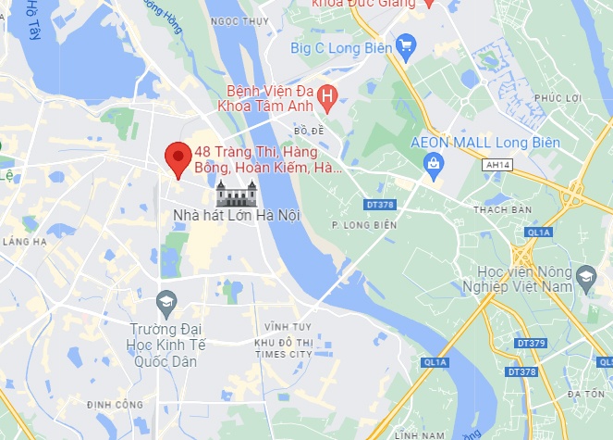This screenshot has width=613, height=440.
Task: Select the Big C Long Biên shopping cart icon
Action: [x=404, y=44]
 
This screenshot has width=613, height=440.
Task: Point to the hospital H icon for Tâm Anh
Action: [x=326, y=95]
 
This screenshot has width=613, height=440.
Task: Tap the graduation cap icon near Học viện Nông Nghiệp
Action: [x=585, y=275]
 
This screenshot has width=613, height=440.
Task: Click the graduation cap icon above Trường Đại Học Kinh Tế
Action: [x=166, y=301]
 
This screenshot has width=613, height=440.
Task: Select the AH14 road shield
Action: [x=497, y=164]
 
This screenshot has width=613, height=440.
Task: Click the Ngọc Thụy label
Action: [x=233, y=20]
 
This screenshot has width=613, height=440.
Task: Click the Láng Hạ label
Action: [x=24, y=241]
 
